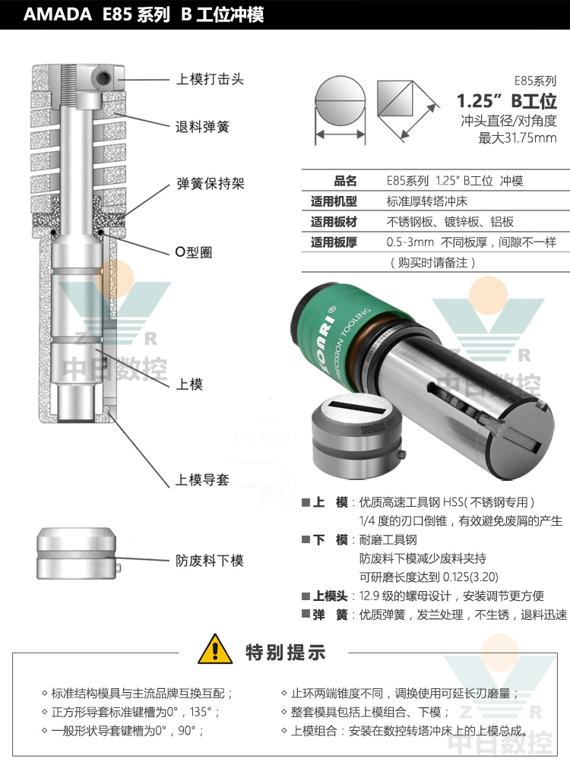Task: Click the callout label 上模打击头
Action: tap(210, 79)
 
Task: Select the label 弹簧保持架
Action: tap(210, 185)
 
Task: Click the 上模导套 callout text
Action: tap(201, 480)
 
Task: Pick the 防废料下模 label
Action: tap(210, 561)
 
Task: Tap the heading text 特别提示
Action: tap(285, 652)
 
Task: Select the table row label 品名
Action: tap(345, 182)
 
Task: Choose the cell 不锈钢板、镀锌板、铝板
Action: tap(450, 223)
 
